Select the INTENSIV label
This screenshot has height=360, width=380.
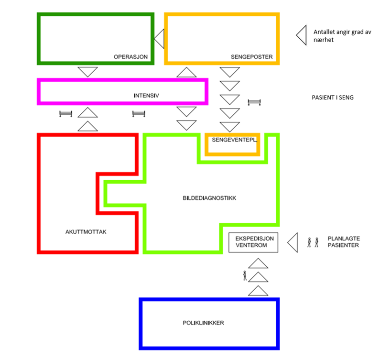click(146, 96)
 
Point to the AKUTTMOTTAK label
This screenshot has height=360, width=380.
click(86, 232)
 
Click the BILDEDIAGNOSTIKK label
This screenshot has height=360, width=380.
click(210, 197)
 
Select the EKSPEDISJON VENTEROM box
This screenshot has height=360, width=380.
click(253, 242)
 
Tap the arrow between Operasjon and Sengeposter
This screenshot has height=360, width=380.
click(159, 38)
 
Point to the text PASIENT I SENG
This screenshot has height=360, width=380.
click(333, 98)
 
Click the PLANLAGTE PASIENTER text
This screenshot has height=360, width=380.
click(343, 242)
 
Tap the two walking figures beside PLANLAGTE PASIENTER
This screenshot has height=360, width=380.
click(313, 242)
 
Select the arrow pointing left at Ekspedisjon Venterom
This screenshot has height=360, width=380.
click(293, 242)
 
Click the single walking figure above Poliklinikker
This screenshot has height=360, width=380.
click(245, 275)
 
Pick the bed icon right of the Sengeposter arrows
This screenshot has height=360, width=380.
click(255, 102)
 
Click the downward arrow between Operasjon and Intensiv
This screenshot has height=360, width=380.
click(88, 72)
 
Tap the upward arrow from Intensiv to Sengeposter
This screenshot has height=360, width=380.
click(186, 72)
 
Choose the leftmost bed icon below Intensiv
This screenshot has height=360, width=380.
click(65, 113)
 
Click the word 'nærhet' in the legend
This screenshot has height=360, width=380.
click(323, 40)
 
